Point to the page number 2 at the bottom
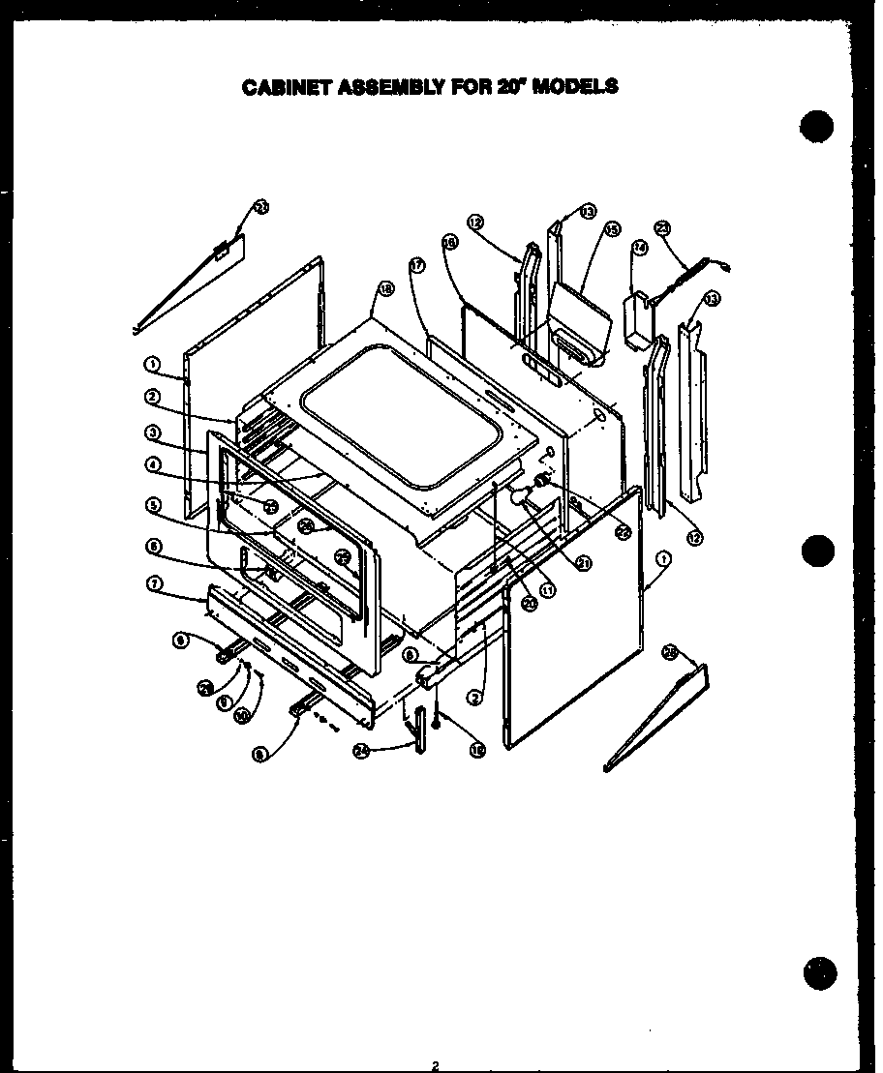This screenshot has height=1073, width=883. pyautogui.click(x=437, y=1065)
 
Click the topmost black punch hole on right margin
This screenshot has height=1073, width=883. pyautogui.click(x=818, y=128)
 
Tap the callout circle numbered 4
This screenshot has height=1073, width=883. pyautogui.click(x=153, y=464)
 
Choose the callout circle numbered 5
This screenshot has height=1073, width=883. pyautogui.click(x=153, y=504)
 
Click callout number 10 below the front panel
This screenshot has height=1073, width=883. pyautogui.click(x=241, y=715)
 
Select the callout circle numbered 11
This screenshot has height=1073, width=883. pyautogui.click(x=548, y=589)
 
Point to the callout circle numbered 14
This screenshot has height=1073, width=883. pyautogui.click(x=639, y=248)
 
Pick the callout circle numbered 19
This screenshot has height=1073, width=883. pyautogui.click(x=476, y=749)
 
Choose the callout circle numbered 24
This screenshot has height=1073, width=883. pyautogui.click(x=361, y=752)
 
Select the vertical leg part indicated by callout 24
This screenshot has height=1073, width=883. pyautogui.click(x=418, y=728)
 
